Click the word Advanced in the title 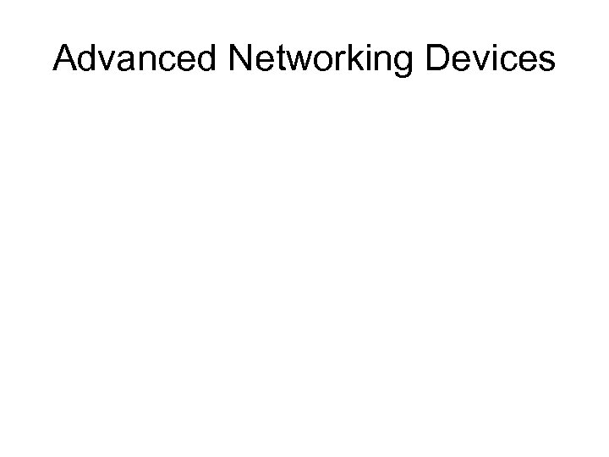pyautogui.click(x=135, y=58)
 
